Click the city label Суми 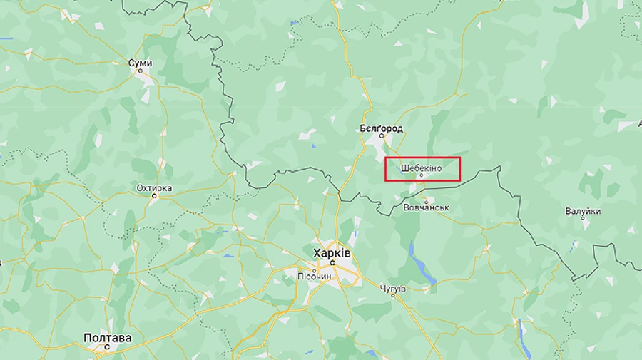(140, 63)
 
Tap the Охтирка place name (154, 188)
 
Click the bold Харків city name (332, 253)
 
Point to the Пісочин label (314, 275)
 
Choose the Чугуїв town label (392, 288)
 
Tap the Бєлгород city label (381, 128)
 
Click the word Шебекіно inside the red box (422, 168)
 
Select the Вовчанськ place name (425, 207)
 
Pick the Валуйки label (583, 211)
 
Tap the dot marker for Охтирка (153, 197)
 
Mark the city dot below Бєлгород (381, 136)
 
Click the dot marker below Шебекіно (421, 175)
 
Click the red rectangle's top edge (422, 158)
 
